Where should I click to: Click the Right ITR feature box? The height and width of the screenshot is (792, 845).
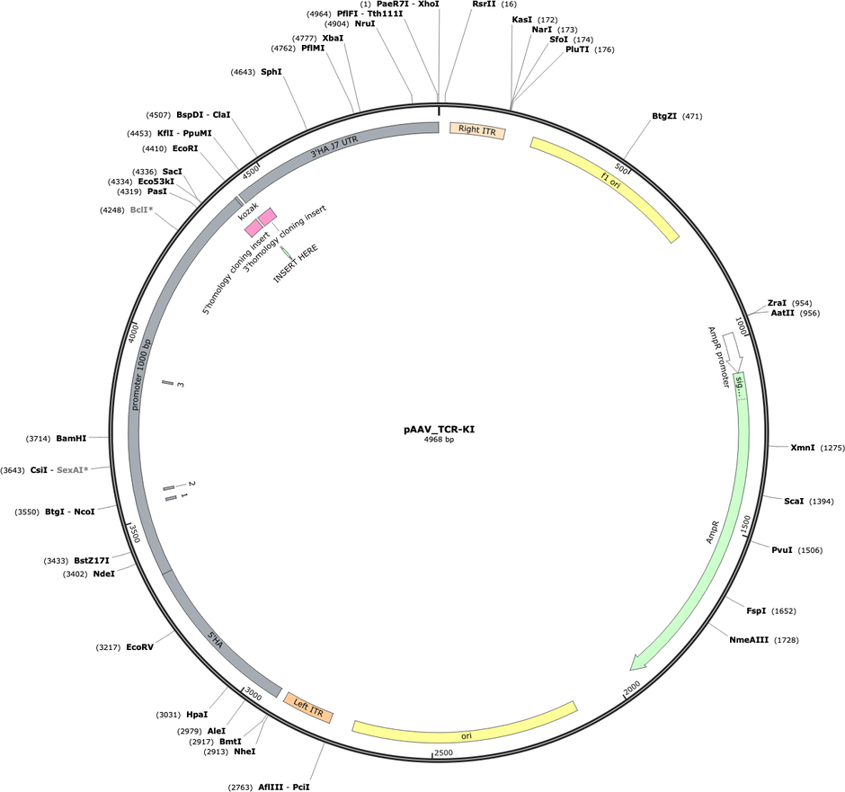477,130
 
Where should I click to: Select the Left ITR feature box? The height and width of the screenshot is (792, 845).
308,707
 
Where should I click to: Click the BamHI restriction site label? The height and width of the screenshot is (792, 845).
71,439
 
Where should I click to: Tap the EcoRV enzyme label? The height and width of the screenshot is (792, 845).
139,647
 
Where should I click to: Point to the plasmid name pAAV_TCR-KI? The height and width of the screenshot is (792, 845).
440,430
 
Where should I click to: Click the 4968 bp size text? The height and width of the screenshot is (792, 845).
440,440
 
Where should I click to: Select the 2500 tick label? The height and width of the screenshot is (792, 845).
443,752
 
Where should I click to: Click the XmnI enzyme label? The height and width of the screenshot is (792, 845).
803,447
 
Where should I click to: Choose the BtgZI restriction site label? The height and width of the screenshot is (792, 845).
664,116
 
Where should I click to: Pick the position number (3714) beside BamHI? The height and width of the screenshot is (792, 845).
39,439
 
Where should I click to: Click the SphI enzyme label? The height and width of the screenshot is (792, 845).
271,72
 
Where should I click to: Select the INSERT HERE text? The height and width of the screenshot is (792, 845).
296,263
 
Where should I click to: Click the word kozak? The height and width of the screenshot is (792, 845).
248,210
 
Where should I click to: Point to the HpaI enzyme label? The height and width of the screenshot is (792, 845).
197,715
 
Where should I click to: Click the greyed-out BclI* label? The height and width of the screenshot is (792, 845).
142,209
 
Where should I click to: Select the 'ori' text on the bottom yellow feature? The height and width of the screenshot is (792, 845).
467,735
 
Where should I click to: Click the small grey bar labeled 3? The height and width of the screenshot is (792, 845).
167,383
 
